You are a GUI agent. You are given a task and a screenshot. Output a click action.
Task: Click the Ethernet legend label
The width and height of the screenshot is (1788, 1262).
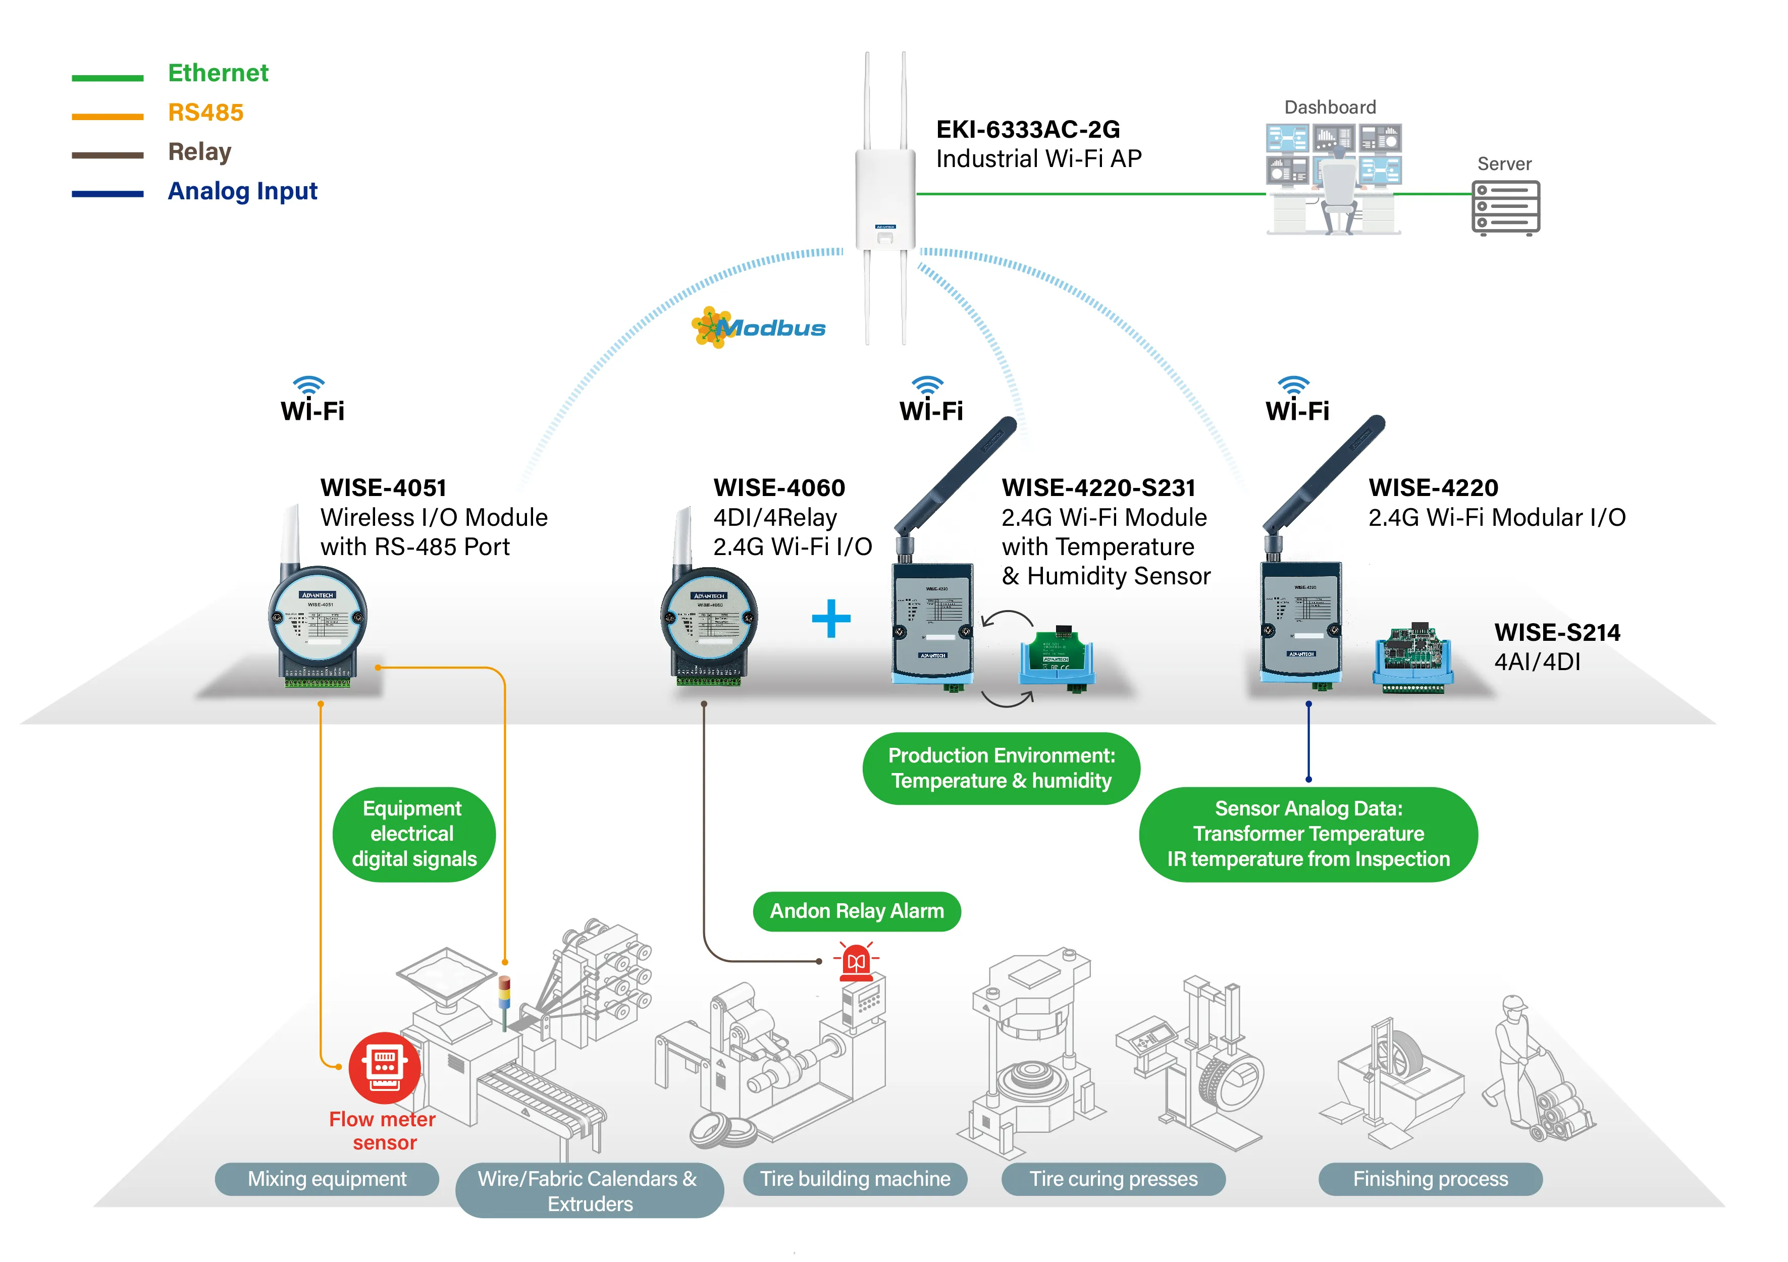218,73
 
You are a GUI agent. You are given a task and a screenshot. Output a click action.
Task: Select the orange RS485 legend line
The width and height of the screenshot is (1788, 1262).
108,117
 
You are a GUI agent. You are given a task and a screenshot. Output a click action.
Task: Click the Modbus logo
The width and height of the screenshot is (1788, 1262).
759,328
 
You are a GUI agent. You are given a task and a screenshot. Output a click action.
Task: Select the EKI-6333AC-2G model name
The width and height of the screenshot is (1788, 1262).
1027,129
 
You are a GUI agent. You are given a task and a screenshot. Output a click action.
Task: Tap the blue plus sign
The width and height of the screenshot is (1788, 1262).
831,619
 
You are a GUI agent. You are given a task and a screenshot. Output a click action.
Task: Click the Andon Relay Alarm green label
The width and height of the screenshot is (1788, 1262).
857,911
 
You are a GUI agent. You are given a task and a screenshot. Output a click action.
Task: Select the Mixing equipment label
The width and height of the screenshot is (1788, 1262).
327,1179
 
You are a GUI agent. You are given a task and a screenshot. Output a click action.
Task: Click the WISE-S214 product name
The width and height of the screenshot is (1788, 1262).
1557,632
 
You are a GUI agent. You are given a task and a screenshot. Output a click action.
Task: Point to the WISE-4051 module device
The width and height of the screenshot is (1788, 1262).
318,623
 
